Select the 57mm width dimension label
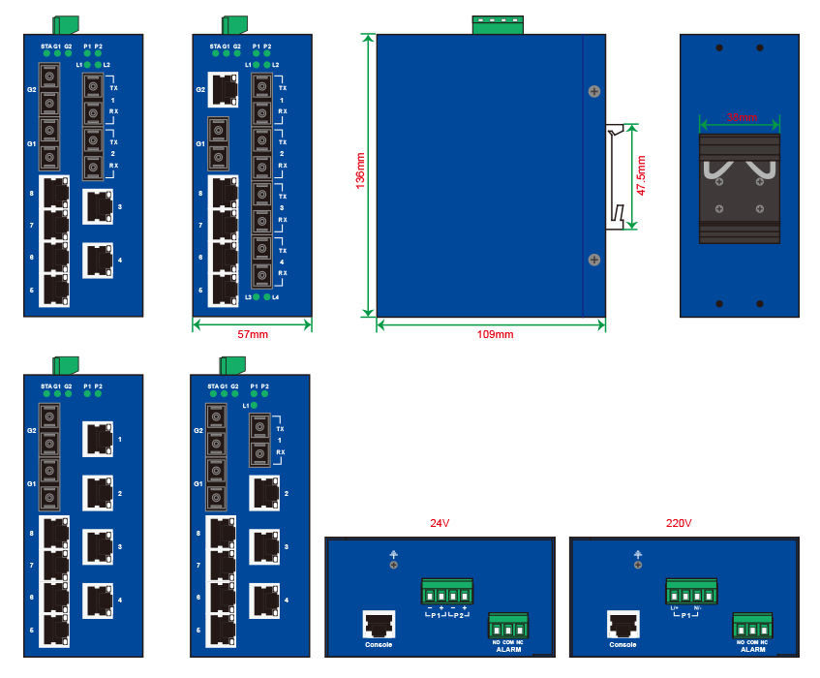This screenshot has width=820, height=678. pos(253,334)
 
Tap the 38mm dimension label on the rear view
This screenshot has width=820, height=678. pos(742,117)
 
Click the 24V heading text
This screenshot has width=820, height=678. pos(440,523)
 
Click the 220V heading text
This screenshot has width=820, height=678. pos(679,523)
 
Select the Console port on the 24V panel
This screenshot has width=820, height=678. pos(379,624)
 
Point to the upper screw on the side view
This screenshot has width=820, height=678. pos(593,91)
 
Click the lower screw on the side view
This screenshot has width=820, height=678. pos(593,260)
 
